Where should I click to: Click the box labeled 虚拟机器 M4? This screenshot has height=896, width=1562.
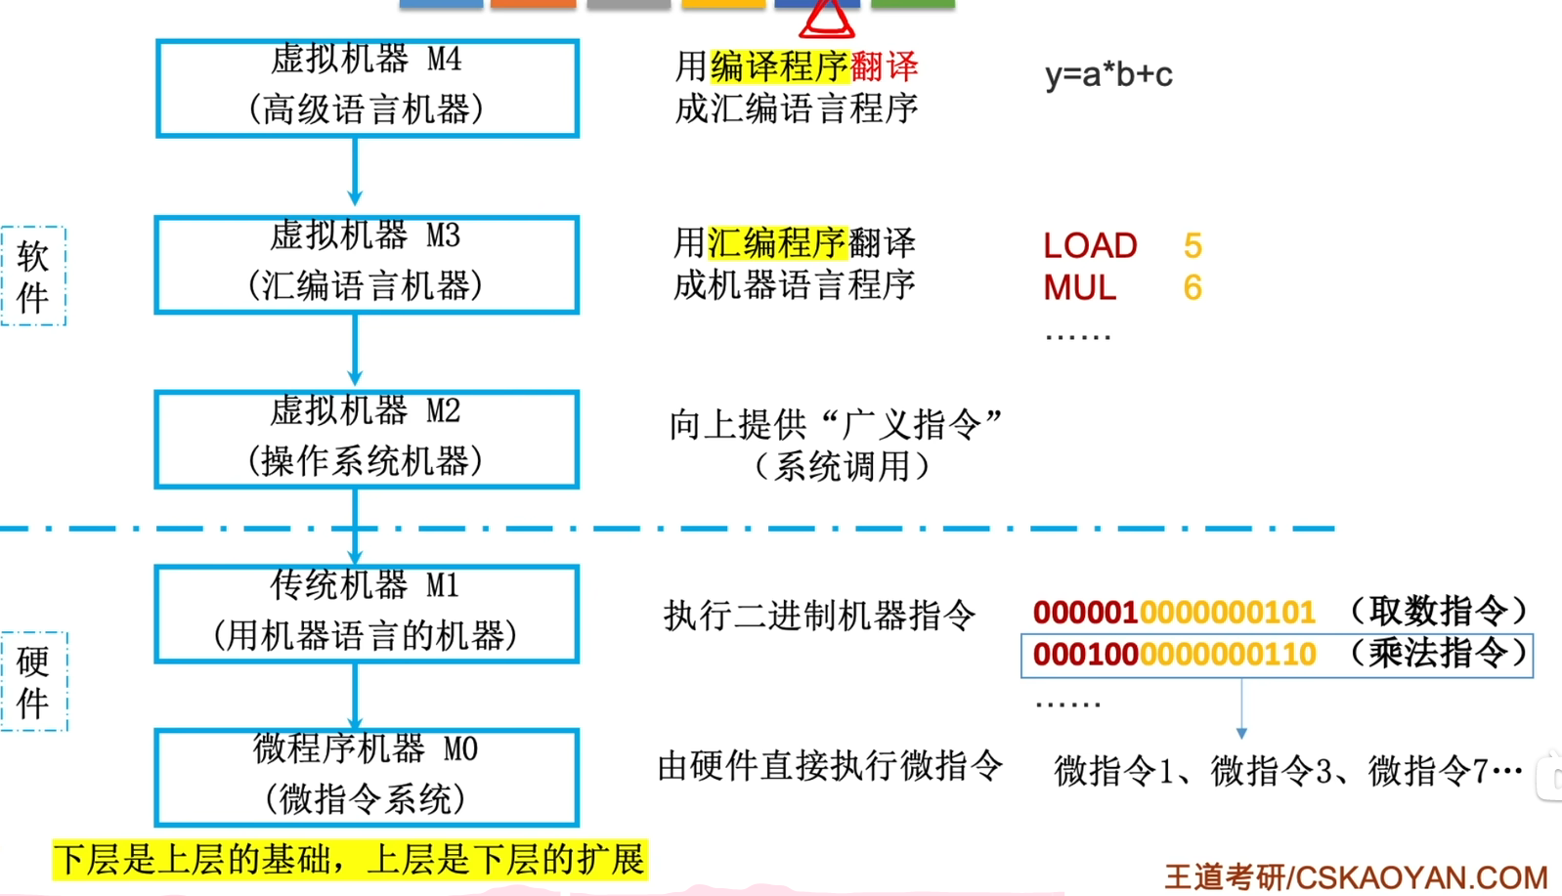(367, 88)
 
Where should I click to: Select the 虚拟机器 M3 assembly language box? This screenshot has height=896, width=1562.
(367, 264)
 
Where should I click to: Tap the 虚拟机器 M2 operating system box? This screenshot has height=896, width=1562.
(367, 439)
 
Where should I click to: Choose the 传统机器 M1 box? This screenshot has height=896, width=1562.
(367, 614)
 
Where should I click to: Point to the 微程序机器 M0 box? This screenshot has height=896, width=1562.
(367, 777)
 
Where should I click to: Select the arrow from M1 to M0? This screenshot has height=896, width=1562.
(355, 696)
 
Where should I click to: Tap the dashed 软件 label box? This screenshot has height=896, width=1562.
(33, 276)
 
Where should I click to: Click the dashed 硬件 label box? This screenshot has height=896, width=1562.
(33, 681)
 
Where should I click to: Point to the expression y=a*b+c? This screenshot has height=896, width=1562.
(1108, 74)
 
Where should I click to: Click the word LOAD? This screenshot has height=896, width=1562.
(1090, 245)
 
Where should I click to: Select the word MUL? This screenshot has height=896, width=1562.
(1079, 287)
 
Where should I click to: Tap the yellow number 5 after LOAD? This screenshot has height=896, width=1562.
(1193, 245)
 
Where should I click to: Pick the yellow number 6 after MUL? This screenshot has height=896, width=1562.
(1193, 287)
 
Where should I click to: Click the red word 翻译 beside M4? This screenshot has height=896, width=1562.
(885, 66)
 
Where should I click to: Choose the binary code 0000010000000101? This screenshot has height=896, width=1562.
(1174, 612)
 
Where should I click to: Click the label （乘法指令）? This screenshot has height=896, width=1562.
(1438, 653)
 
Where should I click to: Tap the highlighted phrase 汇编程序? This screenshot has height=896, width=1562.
(776, 242)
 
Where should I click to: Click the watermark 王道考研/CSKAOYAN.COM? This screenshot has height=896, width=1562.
(1356, 876)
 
